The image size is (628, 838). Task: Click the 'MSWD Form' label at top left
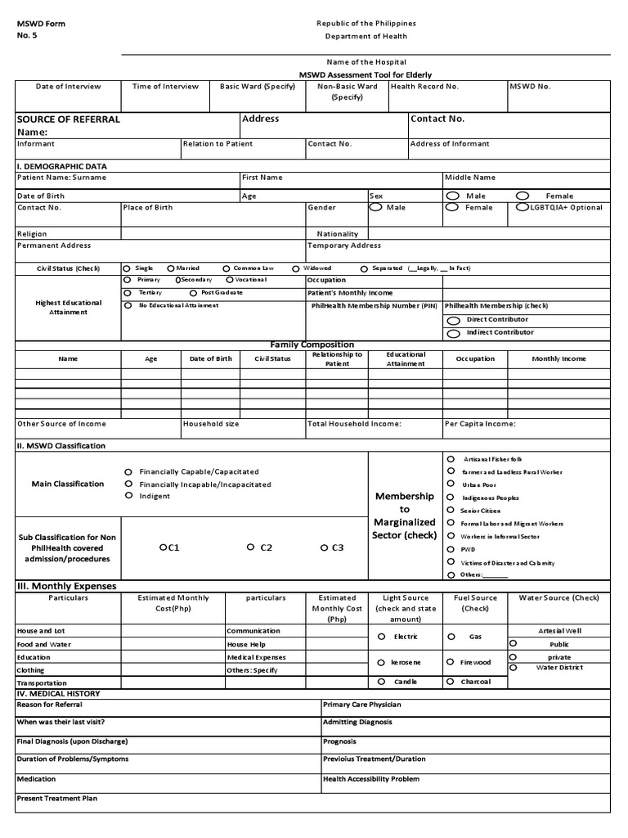pyautogui.click(x=41, y=24)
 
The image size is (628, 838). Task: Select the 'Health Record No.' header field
pyautogui.click(x=424, y=86)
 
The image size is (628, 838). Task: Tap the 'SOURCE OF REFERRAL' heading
pyautogui.click(x=69, y=119)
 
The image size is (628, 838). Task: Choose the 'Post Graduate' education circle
pyautogui.click(x=193, y=292)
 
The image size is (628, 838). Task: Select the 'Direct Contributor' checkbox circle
pyautogui.click(x=453, y=320)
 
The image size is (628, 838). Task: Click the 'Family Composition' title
pyautogui.click(x=312, y=345)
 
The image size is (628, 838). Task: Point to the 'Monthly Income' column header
pyautogui.click(x=558, y=358)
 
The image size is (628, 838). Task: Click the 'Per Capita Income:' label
pyautogui.click(x=480, y=424)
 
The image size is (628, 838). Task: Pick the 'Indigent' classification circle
pyautogui.click(x=128, y=496)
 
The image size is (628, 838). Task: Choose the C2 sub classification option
pyautogui.click(x=249, y=547)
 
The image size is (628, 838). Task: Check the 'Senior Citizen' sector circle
pyautogui.click(x=451, y=510)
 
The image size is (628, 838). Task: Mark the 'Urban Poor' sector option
pyautogui.click(x=451, y=484)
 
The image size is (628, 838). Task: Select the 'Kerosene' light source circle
pyautogui.click(x=381, y=662)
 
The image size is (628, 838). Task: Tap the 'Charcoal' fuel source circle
pyautogui.click(x=451, y=682)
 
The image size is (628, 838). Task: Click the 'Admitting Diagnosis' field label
pyautogui.click(x=357, y=722)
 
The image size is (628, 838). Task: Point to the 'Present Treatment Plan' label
pyautogui.click(x=57, y=798)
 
